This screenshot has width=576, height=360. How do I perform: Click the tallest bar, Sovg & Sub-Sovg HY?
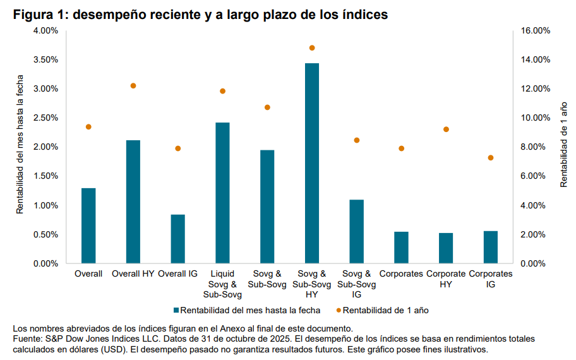pos(312,163)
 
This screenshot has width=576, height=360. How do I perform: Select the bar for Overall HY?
pos(133,201)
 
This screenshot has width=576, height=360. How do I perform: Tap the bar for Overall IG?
pos(178,239)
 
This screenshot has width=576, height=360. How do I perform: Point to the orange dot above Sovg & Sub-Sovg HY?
pos(312,48)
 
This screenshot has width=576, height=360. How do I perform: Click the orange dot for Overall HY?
pos(133,86)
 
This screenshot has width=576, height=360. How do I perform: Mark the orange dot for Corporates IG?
pos(491,158)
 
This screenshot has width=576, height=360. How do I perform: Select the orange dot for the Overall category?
pos(88,127)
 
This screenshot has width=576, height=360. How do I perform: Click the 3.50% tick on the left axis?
pos(45,60)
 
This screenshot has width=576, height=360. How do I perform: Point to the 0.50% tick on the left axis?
pos(45,235)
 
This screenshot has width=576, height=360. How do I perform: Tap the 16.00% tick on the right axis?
pos(536,31)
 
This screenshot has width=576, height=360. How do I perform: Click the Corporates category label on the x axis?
pos(401,274)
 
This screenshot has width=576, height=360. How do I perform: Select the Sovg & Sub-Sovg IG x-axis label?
pos(356,284)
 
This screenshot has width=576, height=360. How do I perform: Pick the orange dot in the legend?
pos(339,310)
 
